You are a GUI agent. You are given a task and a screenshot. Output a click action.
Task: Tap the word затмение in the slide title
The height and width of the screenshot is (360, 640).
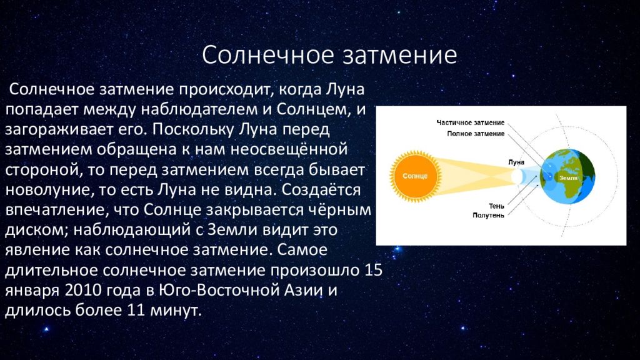tap(399, 56)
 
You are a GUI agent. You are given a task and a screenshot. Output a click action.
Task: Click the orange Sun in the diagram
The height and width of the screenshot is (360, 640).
tap(415, 176)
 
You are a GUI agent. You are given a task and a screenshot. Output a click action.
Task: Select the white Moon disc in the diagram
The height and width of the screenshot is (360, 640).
tap(517, 176)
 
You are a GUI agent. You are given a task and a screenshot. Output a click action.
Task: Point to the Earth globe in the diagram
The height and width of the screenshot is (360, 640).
tap(567, 176)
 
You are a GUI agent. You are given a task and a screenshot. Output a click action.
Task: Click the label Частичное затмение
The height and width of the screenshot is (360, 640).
tap(470, 122)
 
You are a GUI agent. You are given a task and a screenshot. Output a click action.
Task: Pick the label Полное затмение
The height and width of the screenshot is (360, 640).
tap(476, 134)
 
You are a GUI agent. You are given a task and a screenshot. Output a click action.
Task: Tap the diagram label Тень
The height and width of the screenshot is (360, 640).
tap(496, 206)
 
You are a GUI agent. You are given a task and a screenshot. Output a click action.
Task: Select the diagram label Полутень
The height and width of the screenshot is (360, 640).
tap(488, 215)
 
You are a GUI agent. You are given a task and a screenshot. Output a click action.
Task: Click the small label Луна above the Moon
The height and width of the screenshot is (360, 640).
tap(516, 162)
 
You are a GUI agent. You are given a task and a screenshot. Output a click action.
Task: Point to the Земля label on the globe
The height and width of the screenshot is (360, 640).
tap(568, 178)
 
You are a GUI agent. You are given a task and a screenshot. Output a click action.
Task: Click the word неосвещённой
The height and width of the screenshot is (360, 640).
tap(289, 149)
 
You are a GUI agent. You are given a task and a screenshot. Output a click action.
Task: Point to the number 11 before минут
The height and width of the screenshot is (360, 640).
tap(136, 310)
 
